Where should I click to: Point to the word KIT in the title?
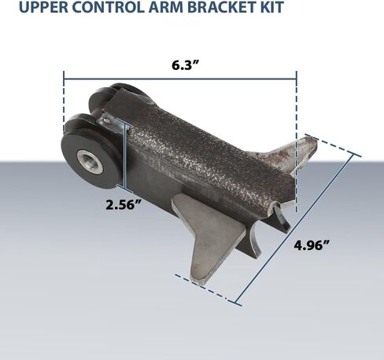pyautogui.click(x=271, y=7)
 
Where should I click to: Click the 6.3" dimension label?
pyautogui.click(x=186, y=65)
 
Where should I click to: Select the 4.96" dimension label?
pyautogui.click(x=312, y=245)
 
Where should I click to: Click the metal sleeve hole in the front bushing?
pyautogui.click(x=90, y=163)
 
